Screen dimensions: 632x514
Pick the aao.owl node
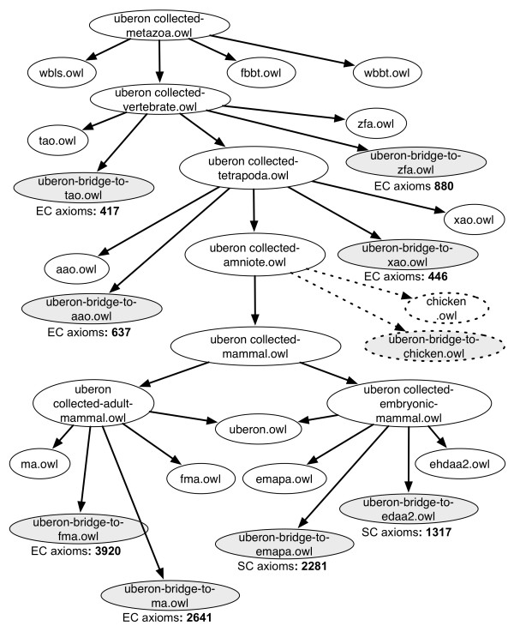click(71, 267)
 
